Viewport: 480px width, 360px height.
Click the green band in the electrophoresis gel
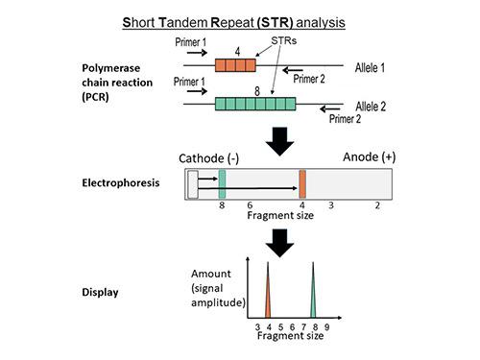tap(222, 183)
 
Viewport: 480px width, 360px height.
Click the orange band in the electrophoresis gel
tap(301, 183)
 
